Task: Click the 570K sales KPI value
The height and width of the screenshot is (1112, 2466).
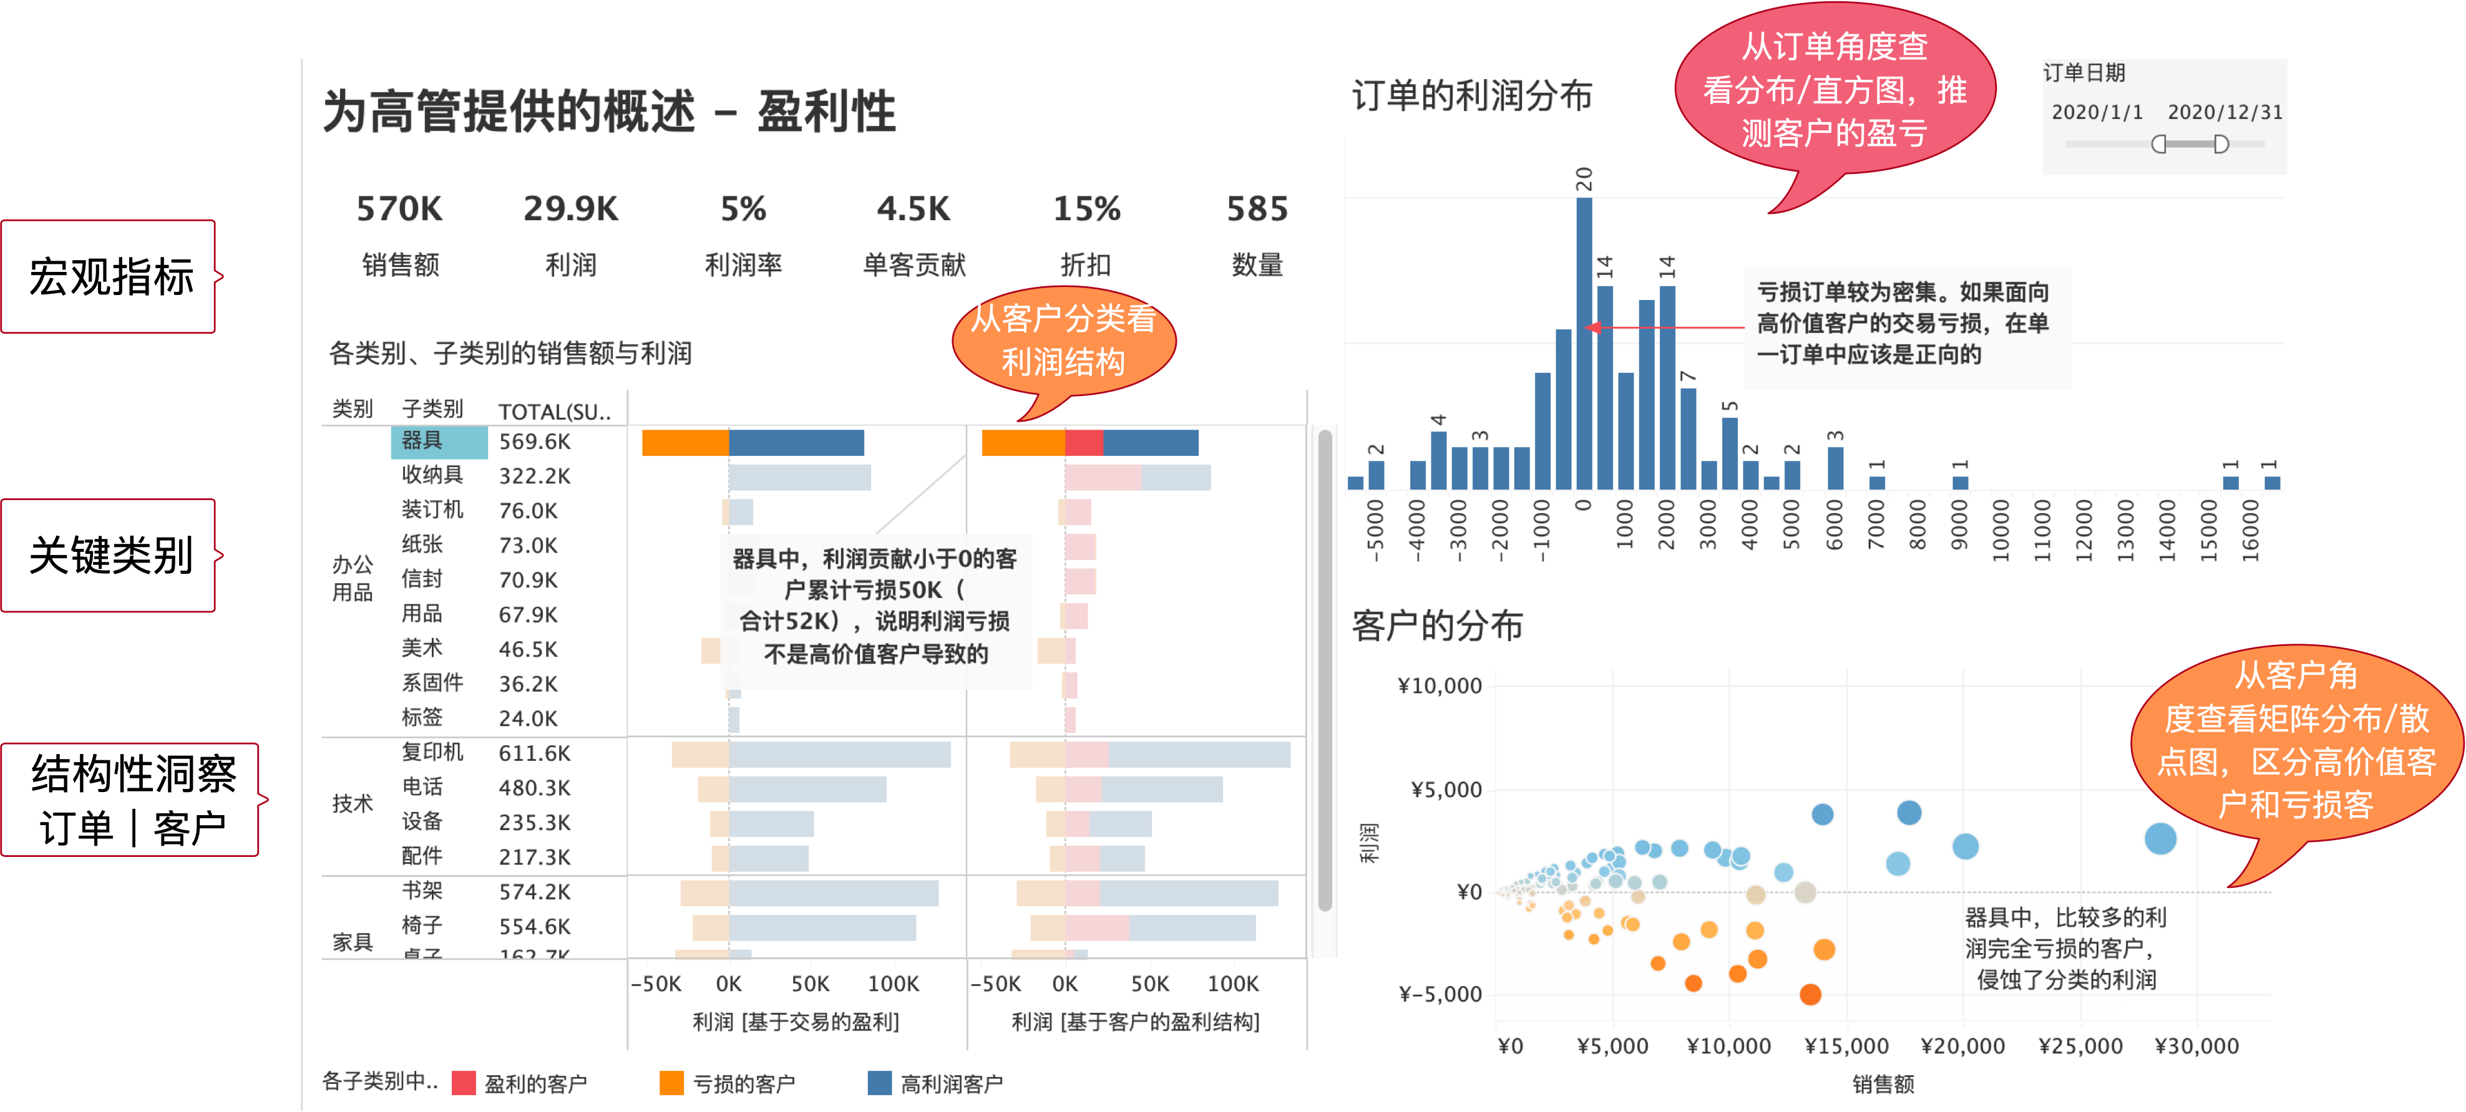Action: click(x=399, y=209)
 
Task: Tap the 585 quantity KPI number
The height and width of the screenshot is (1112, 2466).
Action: click(x=1257, y=209)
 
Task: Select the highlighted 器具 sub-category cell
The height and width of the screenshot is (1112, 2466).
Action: click(x=439, y=441)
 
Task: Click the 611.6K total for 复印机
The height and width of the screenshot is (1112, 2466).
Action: click(x=534, y=753)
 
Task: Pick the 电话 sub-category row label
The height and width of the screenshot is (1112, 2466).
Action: click(x=422, y=786)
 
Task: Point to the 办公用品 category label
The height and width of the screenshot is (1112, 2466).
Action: click(x=353, y=578)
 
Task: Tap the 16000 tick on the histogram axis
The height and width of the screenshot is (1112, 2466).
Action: click(x=2249, y=530)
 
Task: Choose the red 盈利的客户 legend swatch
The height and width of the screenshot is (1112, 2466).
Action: click(x=464, y=1082)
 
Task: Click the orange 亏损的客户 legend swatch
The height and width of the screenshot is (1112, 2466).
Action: click(x=672, y=1082)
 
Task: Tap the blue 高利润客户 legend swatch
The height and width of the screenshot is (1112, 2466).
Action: click(x=879, y=1082)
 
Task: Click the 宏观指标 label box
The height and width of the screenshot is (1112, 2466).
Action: click(x=109, y=276)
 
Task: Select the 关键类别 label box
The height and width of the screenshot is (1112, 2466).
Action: click(x=109, y=555)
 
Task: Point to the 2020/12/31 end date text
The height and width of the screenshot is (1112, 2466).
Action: click(x=2224, y=112)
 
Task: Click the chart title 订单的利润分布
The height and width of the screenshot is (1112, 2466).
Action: click(x=1471, y=95)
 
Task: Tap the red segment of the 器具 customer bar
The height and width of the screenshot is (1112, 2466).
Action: click(x=1084, y=443)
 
